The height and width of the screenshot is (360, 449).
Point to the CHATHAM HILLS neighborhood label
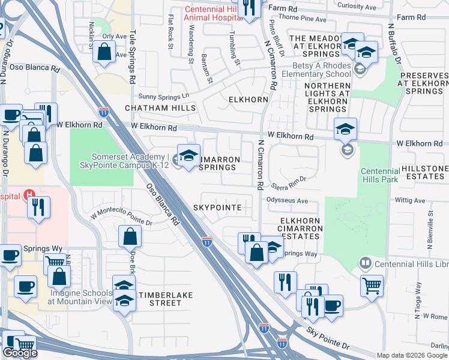[x=160, y=108]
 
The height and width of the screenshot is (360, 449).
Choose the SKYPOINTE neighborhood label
[x=217, y=208]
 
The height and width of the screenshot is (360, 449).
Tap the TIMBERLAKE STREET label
[x=160, y=299]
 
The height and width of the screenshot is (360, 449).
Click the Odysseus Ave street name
[x=287, y=201]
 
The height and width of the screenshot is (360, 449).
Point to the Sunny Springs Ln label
[x=163, y=95]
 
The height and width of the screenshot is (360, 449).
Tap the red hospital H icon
[x=28, y=196]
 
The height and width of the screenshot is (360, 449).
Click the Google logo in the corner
[x=20, y=353]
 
